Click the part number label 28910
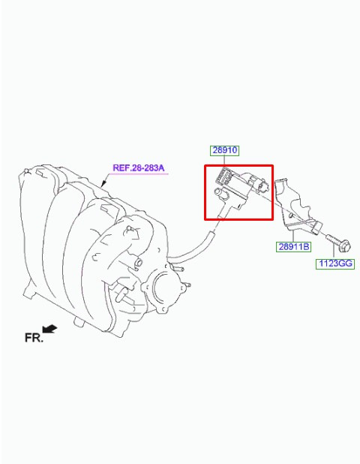[x=225, y=150]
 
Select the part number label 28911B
[x=293, y=246]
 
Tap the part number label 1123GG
[x=335, y=264]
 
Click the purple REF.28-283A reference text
[x=138, y=168]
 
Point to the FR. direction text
[x=34, y=338]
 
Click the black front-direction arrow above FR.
[x=49, y=329]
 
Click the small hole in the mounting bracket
[x=291, y=215]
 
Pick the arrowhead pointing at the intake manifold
[x=103, y=184]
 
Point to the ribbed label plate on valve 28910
[x=223, y=177]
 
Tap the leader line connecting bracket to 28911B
[x=293, y=236]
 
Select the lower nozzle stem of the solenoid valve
[x=225, y=210]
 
